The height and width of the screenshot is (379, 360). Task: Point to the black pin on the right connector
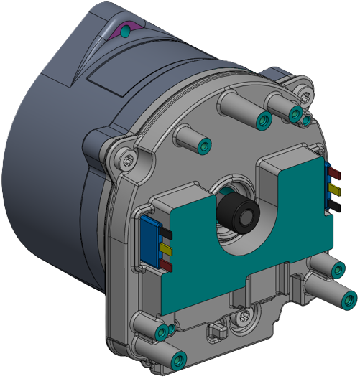[336, 205]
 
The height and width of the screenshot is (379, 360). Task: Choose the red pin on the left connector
[165, 265]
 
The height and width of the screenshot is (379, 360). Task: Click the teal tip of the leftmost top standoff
[206, 147]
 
